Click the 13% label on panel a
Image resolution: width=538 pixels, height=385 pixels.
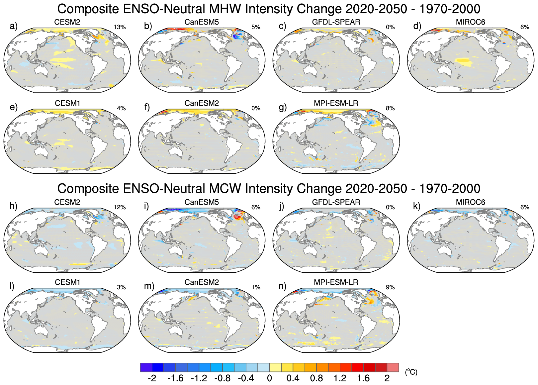[120, 27]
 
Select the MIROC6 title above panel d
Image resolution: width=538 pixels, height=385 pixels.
[470, 22]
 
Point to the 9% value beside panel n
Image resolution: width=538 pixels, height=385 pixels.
[390, 287]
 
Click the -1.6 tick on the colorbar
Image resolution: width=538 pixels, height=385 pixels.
[175, 378]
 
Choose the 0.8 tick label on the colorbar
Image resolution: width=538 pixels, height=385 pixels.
[316, 378]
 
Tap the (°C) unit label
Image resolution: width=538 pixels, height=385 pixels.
[411, 372]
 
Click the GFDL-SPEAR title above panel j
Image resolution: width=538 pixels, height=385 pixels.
[336, 202]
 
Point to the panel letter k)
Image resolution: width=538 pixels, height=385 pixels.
[417, 206]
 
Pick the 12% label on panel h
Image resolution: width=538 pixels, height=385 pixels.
[120, 207]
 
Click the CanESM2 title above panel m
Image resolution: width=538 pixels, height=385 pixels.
[202, 282]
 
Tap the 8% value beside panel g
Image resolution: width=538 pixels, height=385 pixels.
[390, 108]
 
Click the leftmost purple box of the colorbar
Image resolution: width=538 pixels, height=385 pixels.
[146, 367]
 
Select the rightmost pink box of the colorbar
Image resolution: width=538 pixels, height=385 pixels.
[393, 367]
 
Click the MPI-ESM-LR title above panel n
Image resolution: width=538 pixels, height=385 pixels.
[336, 282]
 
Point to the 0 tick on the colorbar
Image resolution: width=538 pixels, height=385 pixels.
[269, 378]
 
